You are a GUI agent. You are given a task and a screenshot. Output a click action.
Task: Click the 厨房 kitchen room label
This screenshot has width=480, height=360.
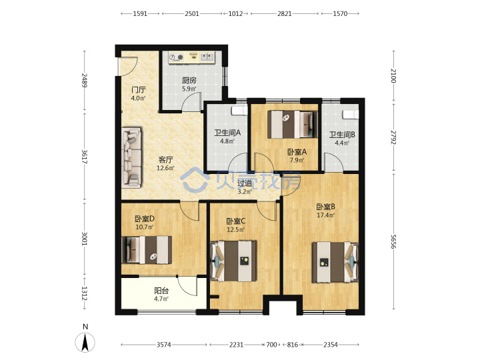click(x=189, y=81)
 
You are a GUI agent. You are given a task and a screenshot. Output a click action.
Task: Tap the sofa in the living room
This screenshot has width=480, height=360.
click(x=131, y=157)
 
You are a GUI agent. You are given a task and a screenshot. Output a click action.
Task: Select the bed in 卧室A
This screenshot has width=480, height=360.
click(x=293, y=124)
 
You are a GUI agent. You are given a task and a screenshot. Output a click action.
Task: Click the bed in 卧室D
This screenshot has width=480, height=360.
click(x=147, y=250)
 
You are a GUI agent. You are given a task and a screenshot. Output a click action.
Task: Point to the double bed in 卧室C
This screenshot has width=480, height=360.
click(x=234, y=261)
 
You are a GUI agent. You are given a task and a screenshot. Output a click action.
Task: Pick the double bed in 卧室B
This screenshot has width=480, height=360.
click(x=335, y=263)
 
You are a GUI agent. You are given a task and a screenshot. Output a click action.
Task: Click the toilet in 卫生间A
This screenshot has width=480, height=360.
click(x=239, y=111)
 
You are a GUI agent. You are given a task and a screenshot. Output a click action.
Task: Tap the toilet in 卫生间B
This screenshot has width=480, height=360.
click(x=351, y=114)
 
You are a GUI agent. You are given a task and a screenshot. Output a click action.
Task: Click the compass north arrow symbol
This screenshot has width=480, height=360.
click(x=85, y=342)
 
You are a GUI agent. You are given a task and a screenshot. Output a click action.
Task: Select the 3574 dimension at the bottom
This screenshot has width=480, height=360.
click(x=164, y=345)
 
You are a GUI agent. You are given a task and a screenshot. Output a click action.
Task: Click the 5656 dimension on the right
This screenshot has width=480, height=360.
click(x=394, y=241)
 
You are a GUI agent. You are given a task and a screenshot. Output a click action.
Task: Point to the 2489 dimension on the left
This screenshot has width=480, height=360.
click(x=84, y=80)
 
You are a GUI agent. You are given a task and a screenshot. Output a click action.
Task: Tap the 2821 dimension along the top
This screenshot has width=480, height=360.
click(x=285, y=14)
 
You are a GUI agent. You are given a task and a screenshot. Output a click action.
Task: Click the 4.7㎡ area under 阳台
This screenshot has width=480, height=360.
click(x=161, y=299)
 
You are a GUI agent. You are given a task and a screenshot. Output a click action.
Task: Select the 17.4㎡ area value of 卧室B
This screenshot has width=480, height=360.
click(x=326, y=215)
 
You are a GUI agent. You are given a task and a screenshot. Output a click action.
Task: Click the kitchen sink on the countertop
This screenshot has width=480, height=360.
click(x=207, y=57)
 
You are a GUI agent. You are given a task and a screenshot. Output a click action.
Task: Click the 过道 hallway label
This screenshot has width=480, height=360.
click(x=245, y=183)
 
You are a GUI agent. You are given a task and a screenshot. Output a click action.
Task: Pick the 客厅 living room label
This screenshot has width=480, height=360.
click(x=165, y=160)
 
